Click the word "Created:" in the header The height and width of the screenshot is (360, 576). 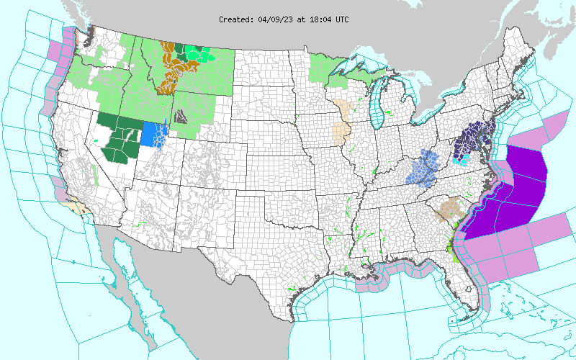tap(237, 19)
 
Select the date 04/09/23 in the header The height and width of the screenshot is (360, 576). tap(275, 19)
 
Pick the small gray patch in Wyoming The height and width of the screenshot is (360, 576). tap(181, 115)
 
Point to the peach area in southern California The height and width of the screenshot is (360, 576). tap(75, 209)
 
